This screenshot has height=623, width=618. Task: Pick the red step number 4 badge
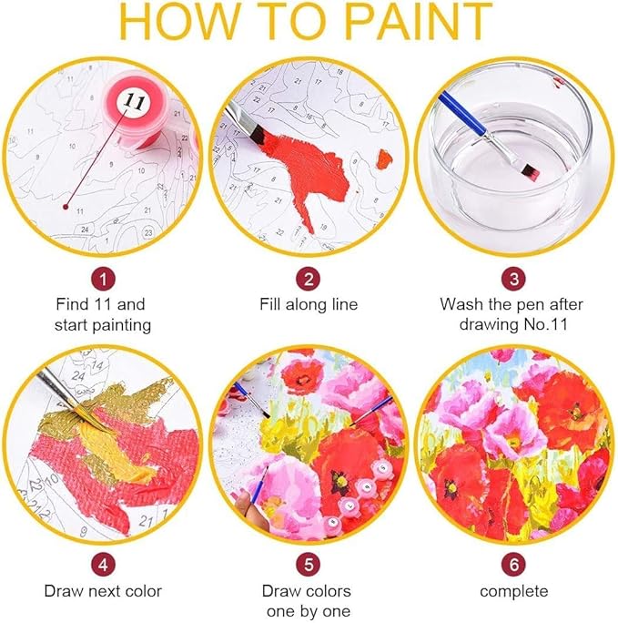point(105,565)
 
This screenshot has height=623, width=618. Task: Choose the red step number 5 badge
point(309,565)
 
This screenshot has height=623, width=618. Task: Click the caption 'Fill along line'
point(309,304)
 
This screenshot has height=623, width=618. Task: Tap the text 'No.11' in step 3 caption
point(549,324)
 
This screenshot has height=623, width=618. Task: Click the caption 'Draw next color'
point(105,591)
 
